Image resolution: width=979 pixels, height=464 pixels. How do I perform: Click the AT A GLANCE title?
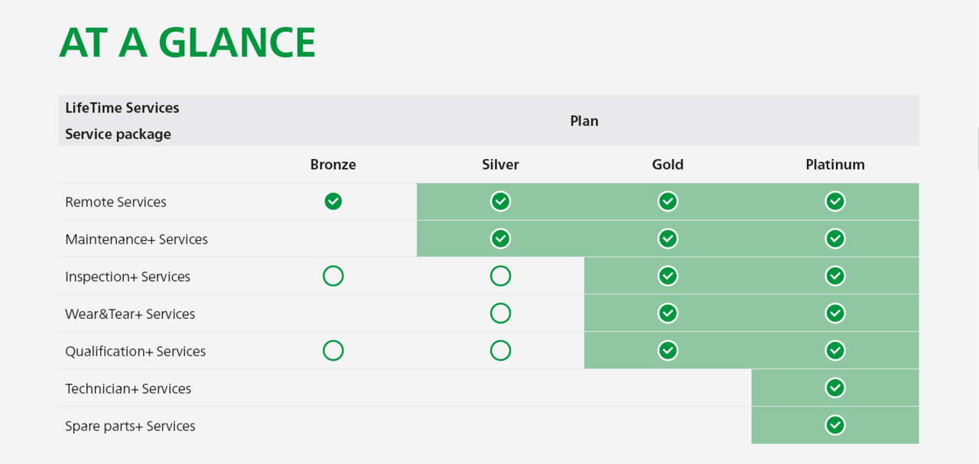click(x=187, y=42)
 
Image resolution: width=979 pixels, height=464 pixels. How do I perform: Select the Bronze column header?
click(x=333, y=164)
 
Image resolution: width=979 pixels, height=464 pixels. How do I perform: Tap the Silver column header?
click(x=500, y=164)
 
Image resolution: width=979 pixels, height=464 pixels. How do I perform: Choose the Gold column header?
click(x=668, y=164)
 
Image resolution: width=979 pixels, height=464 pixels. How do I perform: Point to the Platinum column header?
click(x=835, y=164)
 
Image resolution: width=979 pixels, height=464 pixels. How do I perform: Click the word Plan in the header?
click(x=584, y=121)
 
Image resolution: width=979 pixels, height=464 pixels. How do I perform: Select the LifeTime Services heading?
click(x=122, y=108)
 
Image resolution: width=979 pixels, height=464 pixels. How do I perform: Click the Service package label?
click(x=118, y=134)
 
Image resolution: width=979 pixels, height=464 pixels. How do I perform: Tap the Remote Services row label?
click(x=115, y=202)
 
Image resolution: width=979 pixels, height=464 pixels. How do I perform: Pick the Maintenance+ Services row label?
click(x=136, y=239)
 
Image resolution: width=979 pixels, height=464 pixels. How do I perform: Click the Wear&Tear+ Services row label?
click(x=130, y=314)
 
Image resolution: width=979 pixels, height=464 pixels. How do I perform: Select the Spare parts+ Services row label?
click(x=130, y=426)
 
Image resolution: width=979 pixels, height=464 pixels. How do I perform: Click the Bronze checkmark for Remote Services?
click(x=333, y=201)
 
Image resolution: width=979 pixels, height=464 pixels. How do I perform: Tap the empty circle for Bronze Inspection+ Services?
click(x=333, y=266)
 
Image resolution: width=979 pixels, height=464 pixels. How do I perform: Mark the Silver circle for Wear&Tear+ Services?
click(x=500, y=303)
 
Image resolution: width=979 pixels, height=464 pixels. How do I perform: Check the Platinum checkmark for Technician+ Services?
click(x=835, y=388)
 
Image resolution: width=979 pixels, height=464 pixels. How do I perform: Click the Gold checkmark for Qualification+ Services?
click(x=668, y=350)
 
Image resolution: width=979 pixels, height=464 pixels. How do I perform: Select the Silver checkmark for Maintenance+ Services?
click(x=500, y=238)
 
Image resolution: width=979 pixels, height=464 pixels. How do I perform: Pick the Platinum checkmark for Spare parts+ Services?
click(x=835, y=425)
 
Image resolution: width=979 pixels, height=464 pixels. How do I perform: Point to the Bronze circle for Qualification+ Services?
click(x=333, y=341)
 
